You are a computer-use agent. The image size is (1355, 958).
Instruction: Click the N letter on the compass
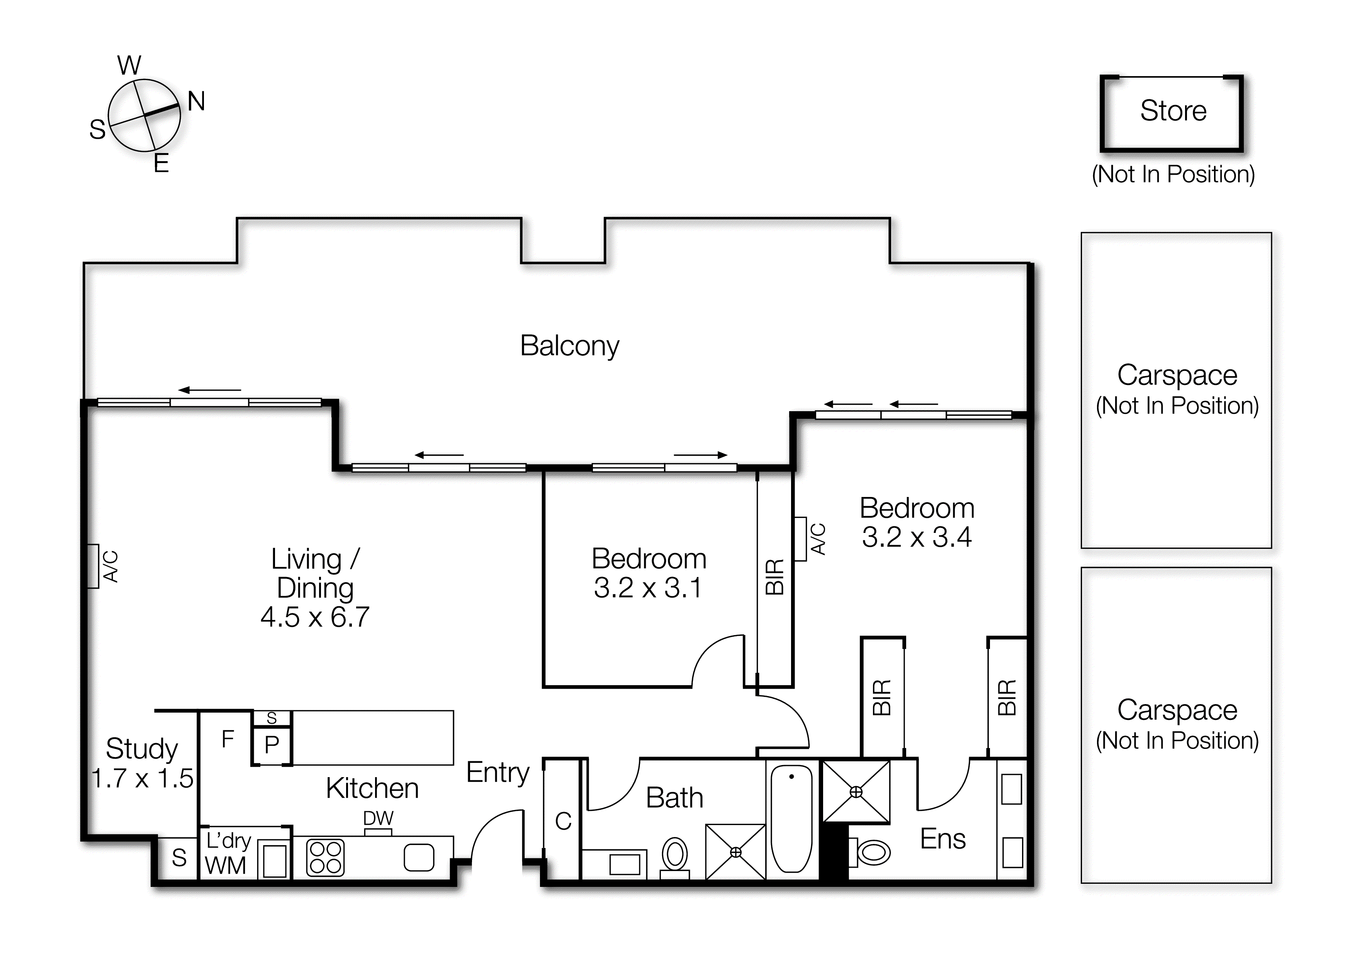(x=197, y=102)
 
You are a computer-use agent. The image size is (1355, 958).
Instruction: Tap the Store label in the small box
(x=1173, y=111)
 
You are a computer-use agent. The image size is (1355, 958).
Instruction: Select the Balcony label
(x=569, y=346)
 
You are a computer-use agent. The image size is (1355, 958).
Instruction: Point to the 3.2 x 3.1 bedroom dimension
(x=648, y=588)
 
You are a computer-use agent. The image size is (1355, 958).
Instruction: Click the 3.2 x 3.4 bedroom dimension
(x=917, y=537)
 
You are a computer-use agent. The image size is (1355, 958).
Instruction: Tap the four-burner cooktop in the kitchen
(x=325, y=858)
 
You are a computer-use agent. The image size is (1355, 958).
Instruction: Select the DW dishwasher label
(x=378, y=818)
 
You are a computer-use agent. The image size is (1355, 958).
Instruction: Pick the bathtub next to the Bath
(x=791, y=819)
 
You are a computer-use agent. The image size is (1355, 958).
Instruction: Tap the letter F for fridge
(x=228, y=739)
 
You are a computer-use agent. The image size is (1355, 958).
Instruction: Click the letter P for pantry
(x=272, y=745)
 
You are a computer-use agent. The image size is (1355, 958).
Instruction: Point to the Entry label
(x=498, y=773)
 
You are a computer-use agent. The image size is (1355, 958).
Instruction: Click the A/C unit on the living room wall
(x=93, y=566)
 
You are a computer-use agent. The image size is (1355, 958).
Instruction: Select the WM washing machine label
(x=226, y=866)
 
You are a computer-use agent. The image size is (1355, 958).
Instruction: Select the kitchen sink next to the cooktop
(x=419, y=858)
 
